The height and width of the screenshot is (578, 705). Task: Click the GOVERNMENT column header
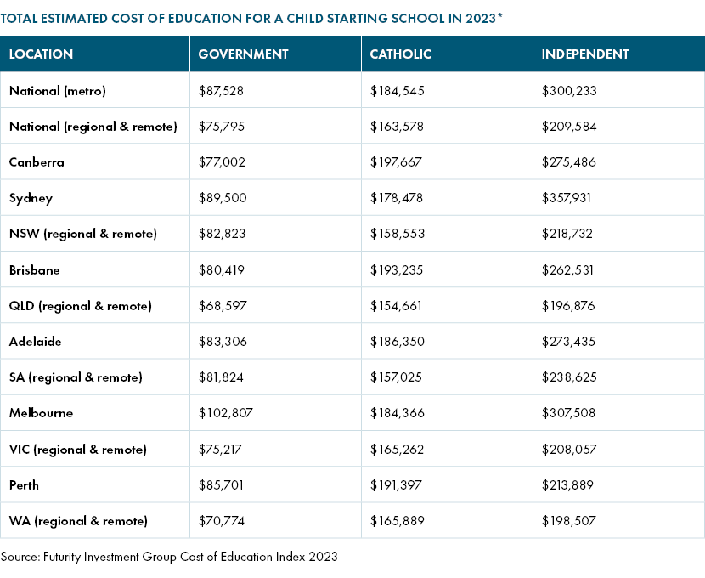coord(243,54)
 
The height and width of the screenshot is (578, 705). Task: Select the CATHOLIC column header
coord(400,54)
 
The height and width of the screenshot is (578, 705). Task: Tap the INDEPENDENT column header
coord(585,54)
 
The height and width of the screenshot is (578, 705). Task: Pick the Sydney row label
coord(31,198)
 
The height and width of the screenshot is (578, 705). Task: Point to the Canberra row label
coord(37,162)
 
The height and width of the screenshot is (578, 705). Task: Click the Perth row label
coord(24,484)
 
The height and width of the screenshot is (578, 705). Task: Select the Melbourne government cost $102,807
coord(226,413)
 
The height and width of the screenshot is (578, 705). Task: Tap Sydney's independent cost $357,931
coord(566,198)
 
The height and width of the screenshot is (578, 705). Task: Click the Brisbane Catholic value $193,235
coord(397,270)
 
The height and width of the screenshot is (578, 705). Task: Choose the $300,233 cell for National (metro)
coord(569,91)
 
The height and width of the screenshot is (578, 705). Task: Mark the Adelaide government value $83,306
coord(223,342)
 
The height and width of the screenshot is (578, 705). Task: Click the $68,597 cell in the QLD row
coord(223,306)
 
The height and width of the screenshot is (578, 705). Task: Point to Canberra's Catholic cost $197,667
coord(396,162)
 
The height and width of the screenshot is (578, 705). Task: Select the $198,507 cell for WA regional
coord(569,521)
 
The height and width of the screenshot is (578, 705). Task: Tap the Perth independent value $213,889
coord(567,484)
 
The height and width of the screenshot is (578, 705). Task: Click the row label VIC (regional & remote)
coord(78,450)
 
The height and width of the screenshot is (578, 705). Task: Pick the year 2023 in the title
coord(481,19)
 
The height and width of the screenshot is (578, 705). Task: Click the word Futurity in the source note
coord(62,557)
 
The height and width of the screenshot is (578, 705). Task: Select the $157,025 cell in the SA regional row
coord(396,377)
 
